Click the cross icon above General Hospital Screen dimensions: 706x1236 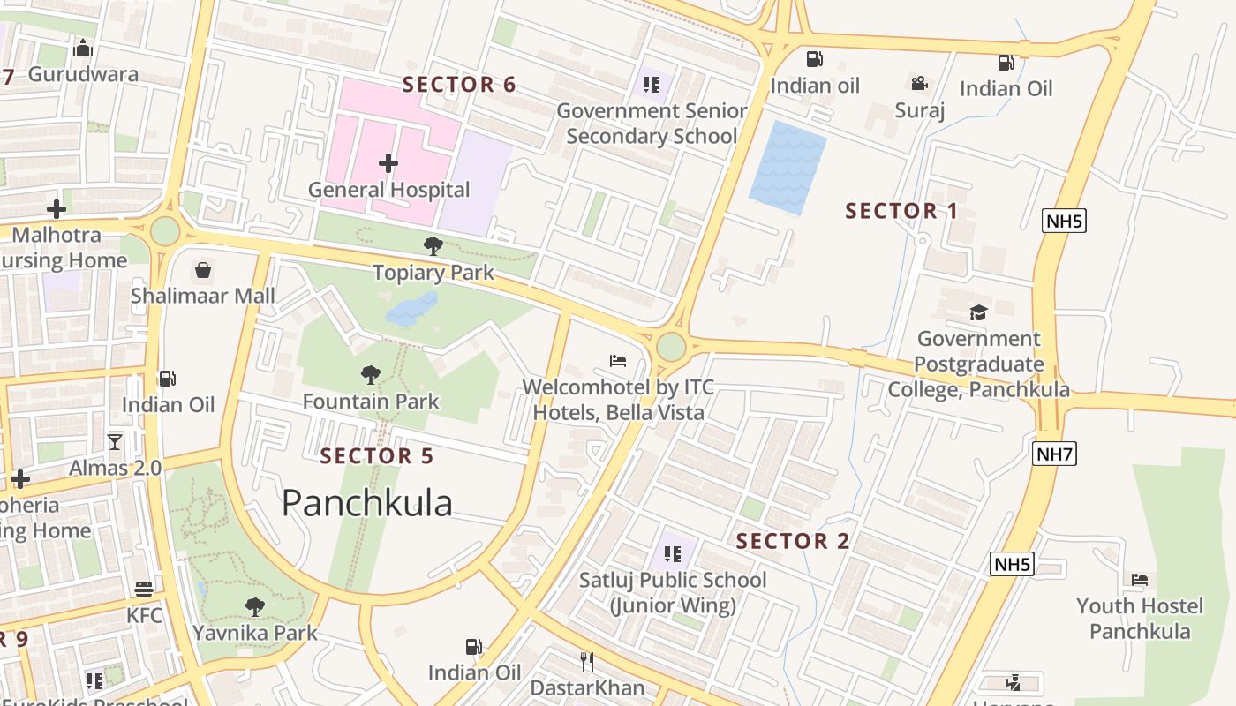pos(388,163)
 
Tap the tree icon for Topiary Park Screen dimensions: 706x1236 pos(433,245)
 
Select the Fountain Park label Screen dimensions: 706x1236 pos(371,402)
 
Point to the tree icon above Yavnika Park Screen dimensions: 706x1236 pos(255,606)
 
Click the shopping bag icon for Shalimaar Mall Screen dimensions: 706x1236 pos(203,269)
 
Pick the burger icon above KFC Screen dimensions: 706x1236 pos(144,589)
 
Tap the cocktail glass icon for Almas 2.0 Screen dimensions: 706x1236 pos(115,441)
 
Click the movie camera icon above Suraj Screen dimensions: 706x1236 pos(919,84)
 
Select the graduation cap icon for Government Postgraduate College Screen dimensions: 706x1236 pos(978,312)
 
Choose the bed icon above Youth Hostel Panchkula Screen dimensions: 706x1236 pos(1140,580)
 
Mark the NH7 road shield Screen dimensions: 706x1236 pos(1055,454)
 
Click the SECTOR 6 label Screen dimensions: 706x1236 pos(459,85)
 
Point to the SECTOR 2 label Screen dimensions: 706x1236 pos(793,541)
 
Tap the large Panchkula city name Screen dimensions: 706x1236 pos(367,503)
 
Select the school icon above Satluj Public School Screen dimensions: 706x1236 pos(673,554)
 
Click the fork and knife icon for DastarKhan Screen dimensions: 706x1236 pos(587,661)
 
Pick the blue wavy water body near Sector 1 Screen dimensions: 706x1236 pos(787,168)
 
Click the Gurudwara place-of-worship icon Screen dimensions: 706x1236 pos(83,48)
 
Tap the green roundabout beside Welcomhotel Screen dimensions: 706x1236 pos(671,347)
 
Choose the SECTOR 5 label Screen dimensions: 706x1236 pos(377,456)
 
